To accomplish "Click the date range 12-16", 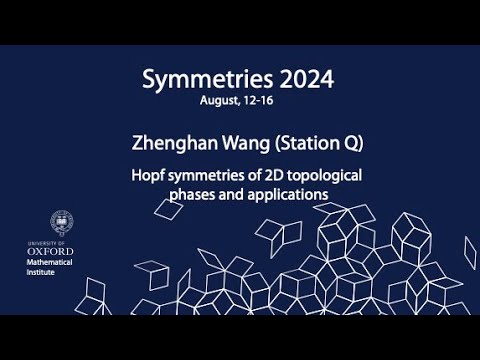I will click(257, 101).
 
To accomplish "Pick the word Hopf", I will click(147, 174).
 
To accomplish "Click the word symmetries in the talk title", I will click(204, 174).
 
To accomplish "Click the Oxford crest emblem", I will click(62, 221).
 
